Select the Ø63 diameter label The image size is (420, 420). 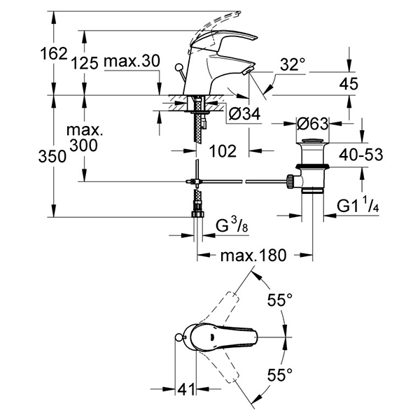pos(313,123)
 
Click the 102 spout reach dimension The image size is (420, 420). pos(223,150)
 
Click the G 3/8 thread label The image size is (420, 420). pos(230,225)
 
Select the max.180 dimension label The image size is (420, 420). pos(253,255)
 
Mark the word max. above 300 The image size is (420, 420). pos(83,131)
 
